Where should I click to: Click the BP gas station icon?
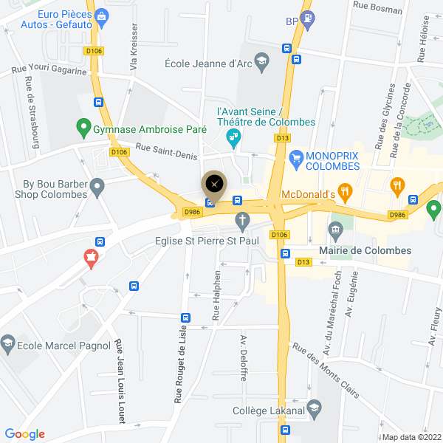click(308, 19)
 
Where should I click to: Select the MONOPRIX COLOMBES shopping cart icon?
click(296, 157)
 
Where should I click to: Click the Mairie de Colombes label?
click(364, 250)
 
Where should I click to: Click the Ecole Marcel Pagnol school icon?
click(8, 343)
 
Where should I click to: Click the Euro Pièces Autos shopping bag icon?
click(102, 16)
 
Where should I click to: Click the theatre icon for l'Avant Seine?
click(233, 136)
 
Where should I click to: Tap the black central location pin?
click(214, 183)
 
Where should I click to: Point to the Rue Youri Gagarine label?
click(49, 71)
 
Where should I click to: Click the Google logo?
click(25, 434)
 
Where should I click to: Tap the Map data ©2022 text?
click(411, 436)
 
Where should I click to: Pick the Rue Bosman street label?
click(378, 9)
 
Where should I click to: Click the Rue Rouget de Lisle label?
click(179, 357)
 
